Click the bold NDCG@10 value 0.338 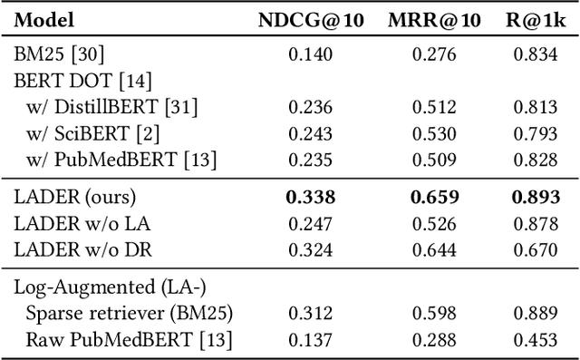click(311, 196)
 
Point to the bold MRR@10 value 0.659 click(435, 196)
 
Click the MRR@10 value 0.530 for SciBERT click(434, 133)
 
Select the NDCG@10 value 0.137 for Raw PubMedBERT click(310, 339)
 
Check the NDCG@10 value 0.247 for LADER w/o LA click(310, 221)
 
